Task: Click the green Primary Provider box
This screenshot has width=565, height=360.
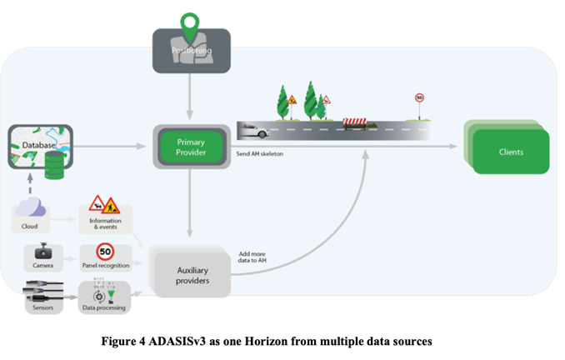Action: pyautogui.click(x=191, y=147)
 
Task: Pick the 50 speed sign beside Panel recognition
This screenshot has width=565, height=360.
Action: pyautogui.click(x=105, y=249)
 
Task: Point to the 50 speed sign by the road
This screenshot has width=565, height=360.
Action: pyautogui.click(x=420, y=99)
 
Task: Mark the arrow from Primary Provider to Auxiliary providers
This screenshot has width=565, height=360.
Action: pyautogui.click(x=191, y=204)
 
